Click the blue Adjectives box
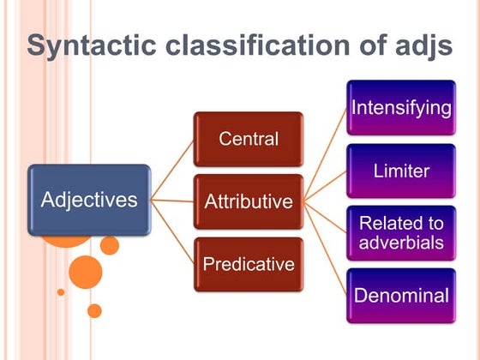pyautogui.click(x=89, y=201)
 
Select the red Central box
pyautogui.click(x=248, y=139)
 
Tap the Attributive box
pyautogui.click(x=248, y=202)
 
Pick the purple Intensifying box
pyautogui.click(x=401, y=108)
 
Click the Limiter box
pyautogui.click(x=401, y=171)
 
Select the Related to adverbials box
pyautogui.click(x=401, y=232)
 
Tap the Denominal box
pyautogui.click(x=401, y=296)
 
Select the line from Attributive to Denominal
pyautogui.click(x=326, y=249)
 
